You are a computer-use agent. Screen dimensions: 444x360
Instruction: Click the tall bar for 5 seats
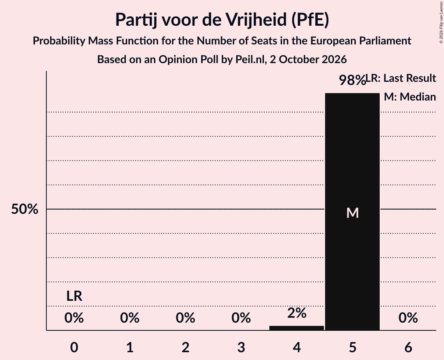[x=352, y=212]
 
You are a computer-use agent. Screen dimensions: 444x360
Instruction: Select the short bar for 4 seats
[x=297, y=328]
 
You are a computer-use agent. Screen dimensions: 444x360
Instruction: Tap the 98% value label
[x=352, y=80]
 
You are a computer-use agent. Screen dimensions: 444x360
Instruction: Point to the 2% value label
[x=297, y=313]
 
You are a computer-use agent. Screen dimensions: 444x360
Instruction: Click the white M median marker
[x=352, y=213]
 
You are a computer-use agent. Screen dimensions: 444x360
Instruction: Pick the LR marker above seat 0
[x=74, y=296]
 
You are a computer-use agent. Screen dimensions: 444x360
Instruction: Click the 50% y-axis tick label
[x=25, y=209]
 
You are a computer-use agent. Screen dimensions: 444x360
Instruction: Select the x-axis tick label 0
[x=74, y=347]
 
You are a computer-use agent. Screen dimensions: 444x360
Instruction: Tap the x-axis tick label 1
[x=130, y=347]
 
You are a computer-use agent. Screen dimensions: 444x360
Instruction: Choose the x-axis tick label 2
[x=186, y=347]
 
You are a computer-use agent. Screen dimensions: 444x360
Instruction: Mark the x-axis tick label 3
[x=241, y=347]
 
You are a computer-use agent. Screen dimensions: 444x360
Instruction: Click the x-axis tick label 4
[x=297, y=347]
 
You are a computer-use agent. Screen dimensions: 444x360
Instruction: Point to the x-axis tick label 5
[x=352, y=347]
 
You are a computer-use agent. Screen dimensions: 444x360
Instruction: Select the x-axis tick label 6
[x=408, y=347]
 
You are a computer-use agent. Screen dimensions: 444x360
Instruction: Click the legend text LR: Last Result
[x=401, y=78]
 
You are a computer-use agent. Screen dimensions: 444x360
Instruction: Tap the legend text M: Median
[x=410, y=97]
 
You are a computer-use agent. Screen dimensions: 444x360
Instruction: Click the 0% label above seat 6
[x=408, y=318]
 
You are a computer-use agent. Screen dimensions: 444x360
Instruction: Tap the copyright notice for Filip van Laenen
[x=441, y=22]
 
